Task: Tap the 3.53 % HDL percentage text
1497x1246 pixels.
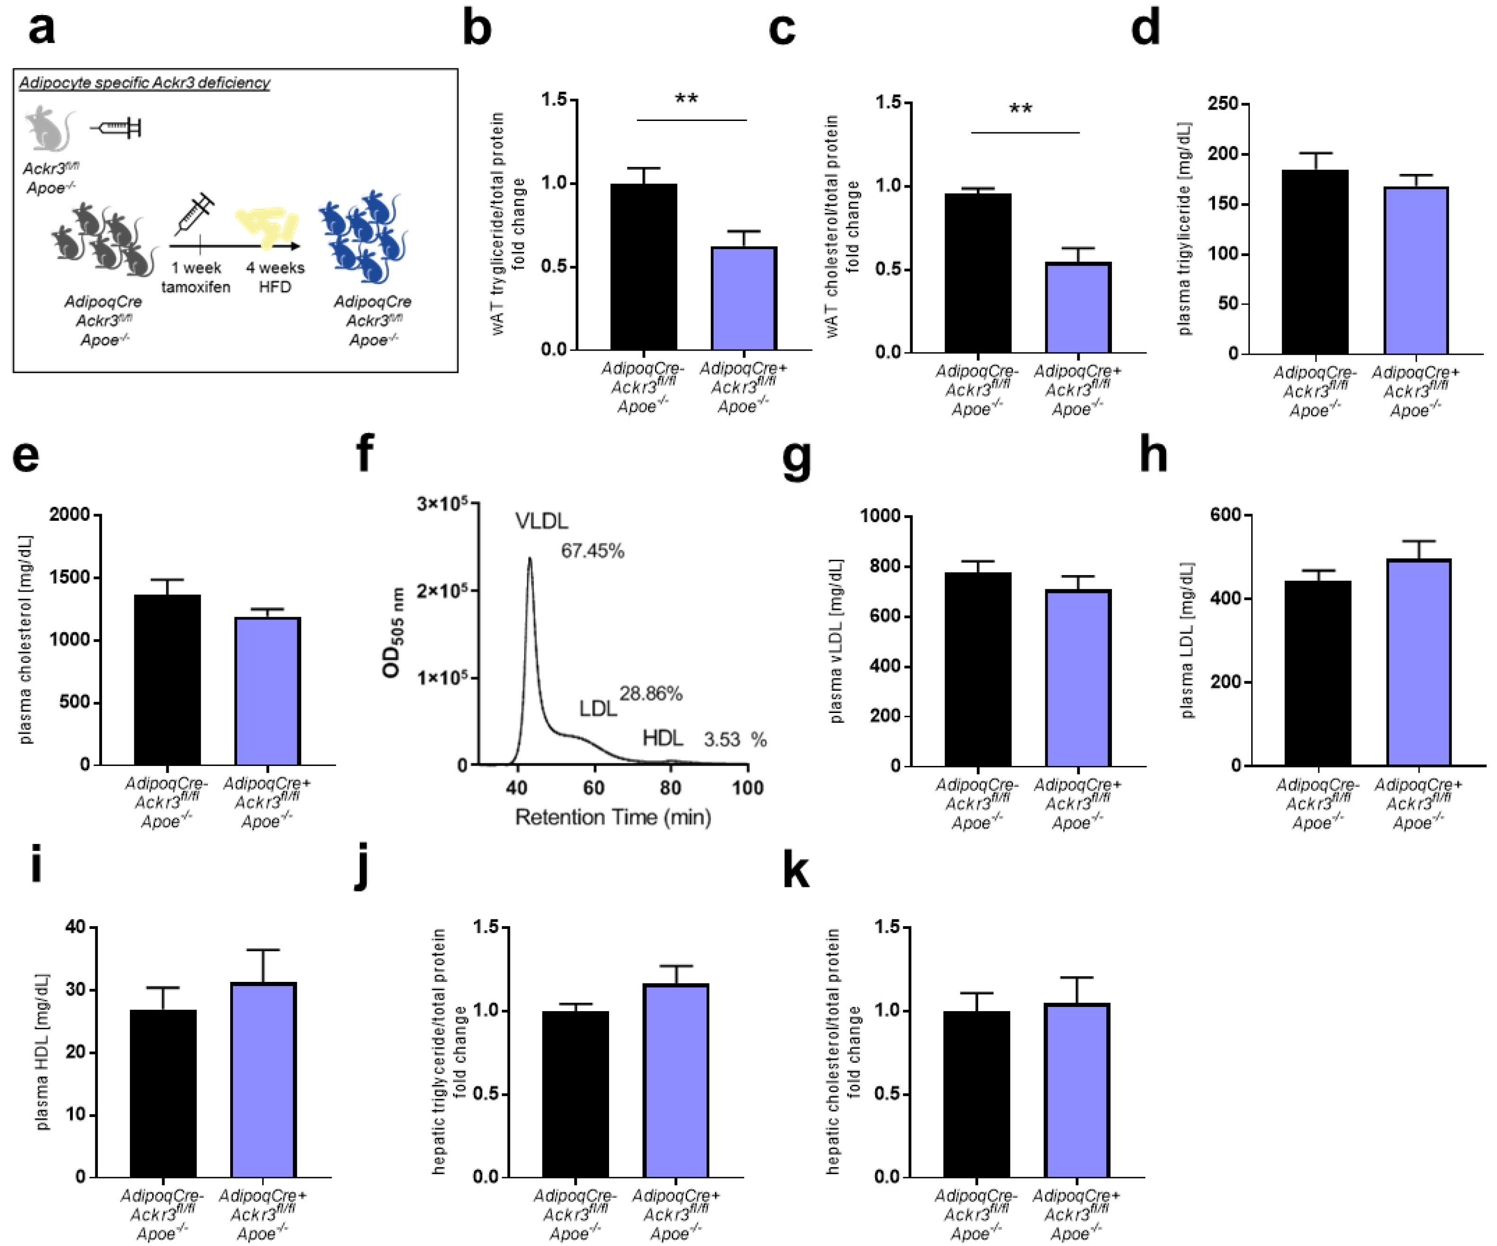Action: [734, 739]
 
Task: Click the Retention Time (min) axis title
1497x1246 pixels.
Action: [613, 817]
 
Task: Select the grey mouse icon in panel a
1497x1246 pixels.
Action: [48, 130]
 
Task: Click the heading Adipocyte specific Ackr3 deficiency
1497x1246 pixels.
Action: [144, 83]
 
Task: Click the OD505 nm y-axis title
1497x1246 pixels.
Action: [393, 632]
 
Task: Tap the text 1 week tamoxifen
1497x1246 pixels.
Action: [196, 277]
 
